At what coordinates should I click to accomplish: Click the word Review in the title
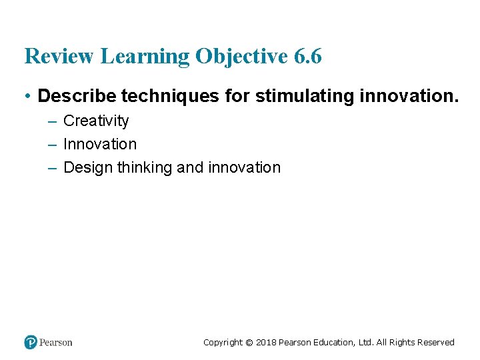(59, 57)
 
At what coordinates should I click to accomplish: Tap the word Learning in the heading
(145, 57)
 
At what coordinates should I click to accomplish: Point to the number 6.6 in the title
(307, 57)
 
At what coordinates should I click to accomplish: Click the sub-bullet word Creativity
(96, 121)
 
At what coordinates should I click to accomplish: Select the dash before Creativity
(52, 121)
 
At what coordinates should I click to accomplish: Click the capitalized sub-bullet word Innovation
(100, 144)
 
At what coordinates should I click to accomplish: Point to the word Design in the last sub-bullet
(88, 167)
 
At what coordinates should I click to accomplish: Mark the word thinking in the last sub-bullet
(145, 167)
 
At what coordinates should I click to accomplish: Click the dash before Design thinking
(52, 167)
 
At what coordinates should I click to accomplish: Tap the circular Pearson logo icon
(31, 342)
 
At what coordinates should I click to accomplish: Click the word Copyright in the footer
(223, 343)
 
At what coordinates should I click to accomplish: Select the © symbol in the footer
(249, 343)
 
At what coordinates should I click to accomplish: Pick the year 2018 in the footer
(266, 343)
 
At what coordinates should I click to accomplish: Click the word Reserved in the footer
(435, 343)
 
